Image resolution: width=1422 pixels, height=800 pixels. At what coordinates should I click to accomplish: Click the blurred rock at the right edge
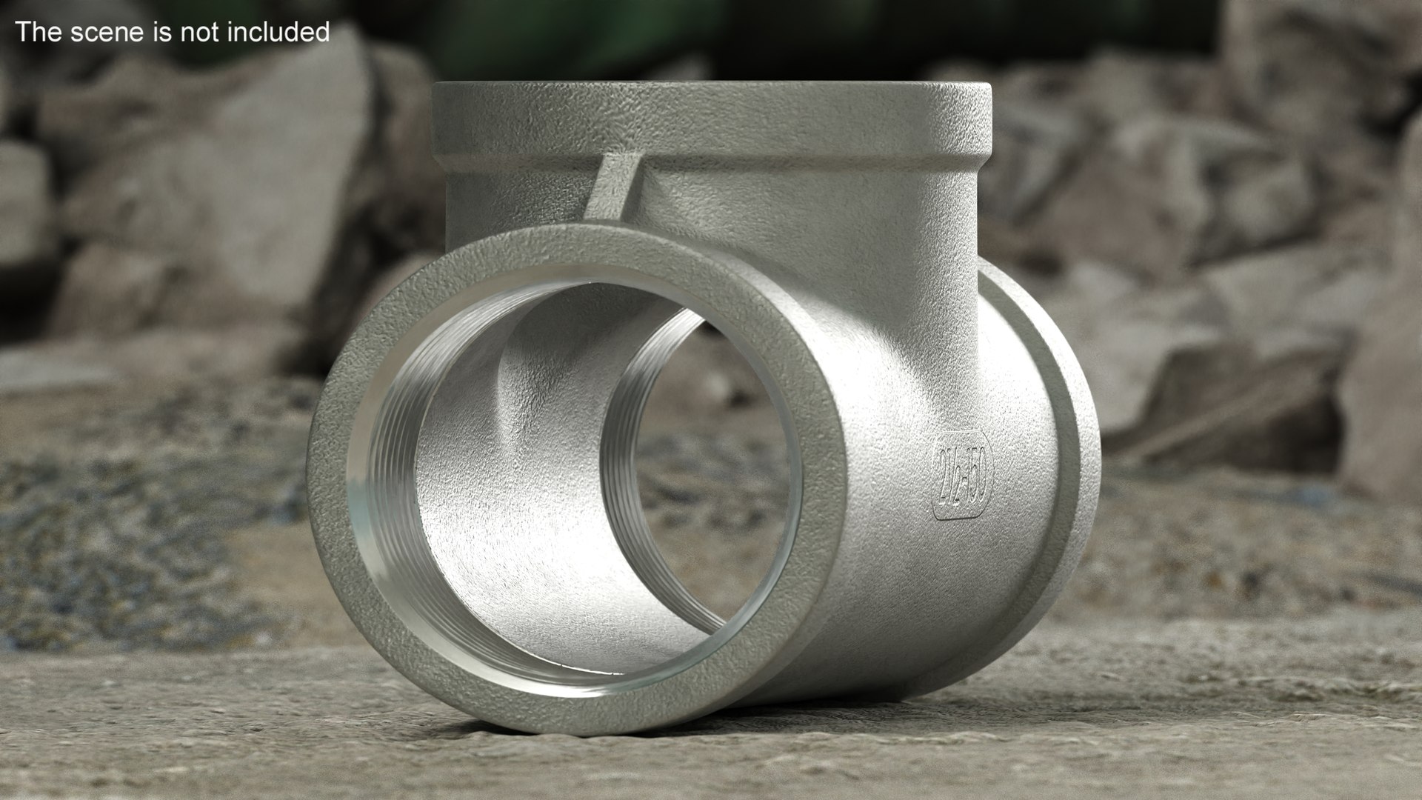[x=1378, y=370]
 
